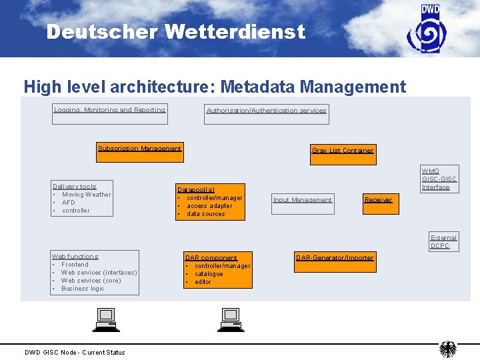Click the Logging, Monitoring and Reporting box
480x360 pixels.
110,114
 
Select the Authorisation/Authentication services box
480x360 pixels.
267,115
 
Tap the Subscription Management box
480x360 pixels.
139,153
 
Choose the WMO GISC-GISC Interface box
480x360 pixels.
439,179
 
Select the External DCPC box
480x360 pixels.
443,241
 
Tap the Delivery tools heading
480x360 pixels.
74,187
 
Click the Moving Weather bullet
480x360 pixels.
87,195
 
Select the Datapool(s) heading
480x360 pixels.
196,190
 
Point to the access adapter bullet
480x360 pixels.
209,206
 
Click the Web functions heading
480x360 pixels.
75,257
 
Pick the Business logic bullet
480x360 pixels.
83,289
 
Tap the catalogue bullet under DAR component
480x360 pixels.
209,274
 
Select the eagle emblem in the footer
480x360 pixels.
448,349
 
